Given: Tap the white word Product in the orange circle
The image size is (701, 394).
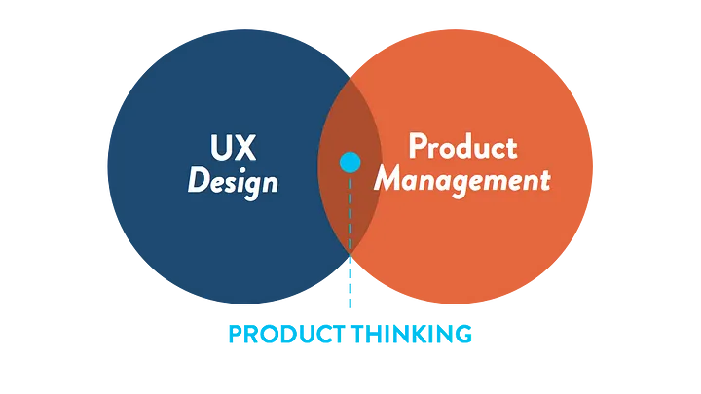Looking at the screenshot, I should [x=461, y=148].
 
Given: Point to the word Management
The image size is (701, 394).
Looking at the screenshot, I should [x=462, y=180].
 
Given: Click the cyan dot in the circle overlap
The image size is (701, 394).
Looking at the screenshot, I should [x=349, y=162].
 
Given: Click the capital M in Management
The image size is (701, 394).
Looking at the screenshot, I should [x=390, y=180].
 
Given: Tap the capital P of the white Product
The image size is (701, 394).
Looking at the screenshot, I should [x=416, y=148].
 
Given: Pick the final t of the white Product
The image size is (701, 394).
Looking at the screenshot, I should [x=511, y=148].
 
